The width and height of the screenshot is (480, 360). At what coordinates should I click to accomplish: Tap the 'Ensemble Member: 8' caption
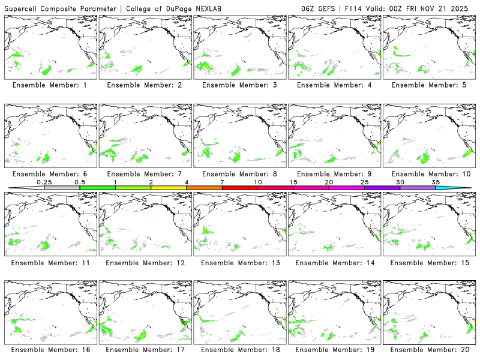[x=239, y=174]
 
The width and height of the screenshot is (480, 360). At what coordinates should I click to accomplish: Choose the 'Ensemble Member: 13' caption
[x=239, y=262]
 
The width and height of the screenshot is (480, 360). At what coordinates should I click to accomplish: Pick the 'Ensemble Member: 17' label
[x=144, y=349]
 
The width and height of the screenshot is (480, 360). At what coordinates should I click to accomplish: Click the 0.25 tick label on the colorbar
[x=44, y=182]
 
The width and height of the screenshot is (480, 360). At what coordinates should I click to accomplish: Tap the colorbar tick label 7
[x=222, y=182]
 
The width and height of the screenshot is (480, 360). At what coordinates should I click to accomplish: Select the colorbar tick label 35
[x=436, y=182]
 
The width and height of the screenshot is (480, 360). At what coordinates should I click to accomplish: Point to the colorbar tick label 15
[x=293, y=182]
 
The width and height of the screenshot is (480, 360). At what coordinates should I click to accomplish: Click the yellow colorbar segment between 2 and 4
[x=169, y=188]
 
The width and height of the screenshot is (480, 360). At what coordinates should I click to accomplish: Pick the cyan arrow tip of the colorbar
[x=462, y=188]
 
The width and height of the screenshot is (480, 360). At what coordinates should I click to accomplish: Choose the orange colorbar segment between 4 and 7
[x=204, y=188]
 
